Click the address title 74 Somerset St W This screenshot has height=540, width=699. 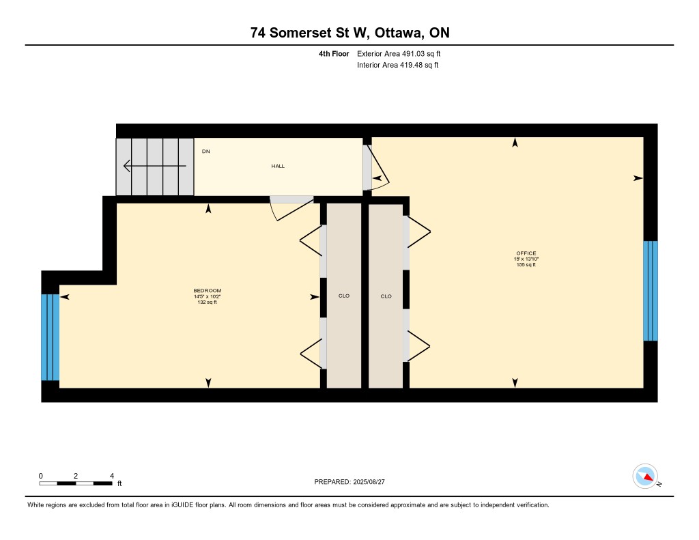[x=309, y=33]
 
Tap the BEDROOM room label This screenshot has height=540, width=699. [x=208, y=291]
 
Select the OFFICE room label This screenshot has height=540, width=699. [x=526, y=253]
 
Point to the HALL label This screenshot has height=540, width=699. [x=278, y=167]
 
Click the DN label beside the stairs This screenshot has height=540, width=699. [x=206, y=152]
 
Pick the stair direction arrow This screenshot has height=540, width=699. [x=155, y=166]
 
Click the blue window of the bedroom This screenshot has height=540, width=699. [x=51, y=337]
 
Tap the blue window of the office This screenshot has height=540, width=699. [x=651, y=291]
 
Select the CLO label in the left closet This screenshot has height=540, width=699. [x=344, y=296]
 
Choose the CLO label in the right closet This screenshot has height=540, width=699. [x=386, y=296]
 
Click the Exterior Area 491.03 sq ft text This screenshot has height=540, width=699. [x=399, y=54]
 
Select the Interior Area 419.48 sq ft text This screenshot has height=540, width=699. [x=398, y=65]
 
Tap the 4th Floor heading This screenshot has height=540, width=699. [x=334, y=54]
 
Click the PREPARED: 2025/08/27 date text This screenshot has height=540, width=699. [x=349, y=482]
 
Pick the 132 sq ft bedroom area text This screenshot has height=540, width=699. [x=208, y=302]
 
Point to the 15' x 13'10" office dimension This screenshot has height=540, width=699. [x=526, y=259]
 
